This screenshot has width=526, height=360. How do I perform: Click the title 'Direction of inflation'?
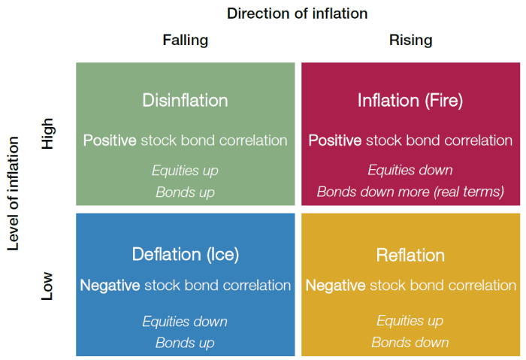pyautogui.click(x=298, y=14)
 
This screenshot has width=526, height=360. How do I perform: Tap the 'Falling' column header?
pyautogui.click(x=186, y=41)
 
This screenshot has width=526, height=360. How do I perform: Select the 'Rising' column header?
pyautogui.click(x=410, y=41)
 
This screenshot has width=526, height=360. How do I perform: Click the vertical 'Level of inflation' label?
pyautogui.click(x=13, y=194)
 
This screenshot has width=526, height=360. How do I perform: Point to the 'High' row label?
pyautogui.click(x=47, y=134)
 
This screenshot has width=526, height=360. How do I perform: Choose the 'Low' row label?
pyautogui.click(x=47, y=286)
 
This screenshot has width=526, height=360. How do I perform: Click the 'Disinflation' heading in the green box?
pyautogui.click(x=185, y=100)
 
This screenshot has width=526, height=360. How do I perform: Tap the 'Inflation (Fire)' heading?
pyautogui.click(x=410, y=100)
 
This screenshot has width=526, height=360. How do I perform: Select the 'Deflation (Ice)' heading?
pyautogui.click(x=186, y=254)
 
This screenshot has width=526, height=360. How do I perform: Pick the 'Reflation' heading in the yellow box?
pyautogui.click(x=410, y=255)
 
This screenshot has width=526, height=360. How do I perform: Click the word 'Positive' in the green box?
pyautogui.click(x=110, y=141)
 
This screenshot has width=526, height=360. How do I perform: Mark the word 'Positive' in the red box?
pyautogui.click(x=335, y=141)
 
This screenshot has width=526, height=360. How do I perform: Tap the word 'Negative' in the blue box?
pyautogui.click(x=110, y=286)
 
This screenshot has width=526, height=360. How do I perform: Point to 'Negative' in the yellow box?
pyautogui.click(x=335, y=286)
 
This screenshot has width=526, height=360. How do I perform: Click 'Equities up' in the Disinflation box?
pyautogui.click(x=185, y=171)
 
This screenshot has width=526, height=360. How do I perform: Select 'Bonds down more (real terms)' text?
pyautogui.click(x=410, y=192)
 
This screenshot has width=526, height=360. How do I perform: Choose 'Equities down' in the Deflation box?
pyautogui.click(x=185, y=322)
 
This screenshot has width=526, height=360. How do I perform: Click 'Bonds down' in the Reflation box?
pyautogui.click(x=410, y=343)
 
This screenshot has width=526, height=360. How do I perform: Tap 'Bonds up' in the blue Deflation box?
pyautogui.click(x=185, y=343)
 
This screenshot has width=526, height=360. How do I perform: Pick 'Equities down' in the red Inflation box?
pyautogui.click(x=410, y=170)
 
